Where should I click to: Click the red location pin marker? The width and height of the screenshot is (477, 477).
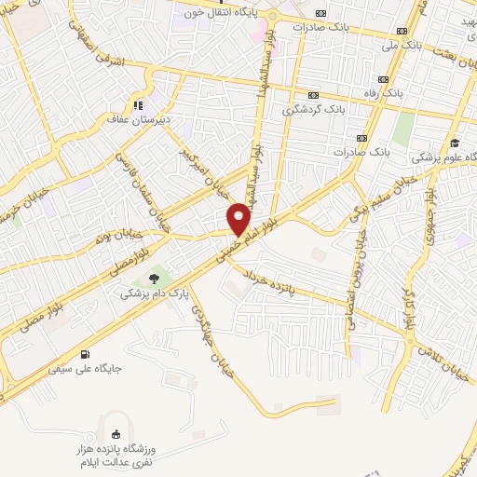point(238,220)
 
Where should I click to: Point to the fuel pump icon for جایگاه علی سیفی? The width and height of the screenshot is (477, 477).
point(86,354)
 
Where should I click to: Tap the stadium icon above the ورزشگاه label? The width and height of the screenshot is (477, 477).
point(116,434)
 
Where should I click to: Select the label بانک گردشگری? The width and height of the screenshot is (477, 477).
point(315,110)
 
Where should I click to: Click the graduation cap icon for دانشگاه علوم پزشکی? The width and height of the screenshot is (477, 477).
point(455,143)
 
